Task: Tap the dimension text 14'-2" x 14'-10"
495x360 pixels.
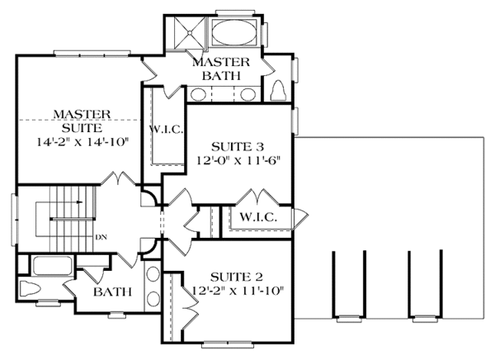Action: pos(83,142)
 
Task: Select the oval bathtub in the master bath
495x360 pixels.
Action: pos(234,32)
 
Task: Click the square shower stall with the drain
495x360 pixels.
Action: pos(190,32)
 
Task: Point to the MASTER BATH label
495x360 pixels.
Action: pos(221,69)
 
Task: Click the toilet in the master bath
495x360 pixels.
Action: pos(278,91)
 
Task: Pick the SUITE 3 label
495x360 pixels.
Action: pos(238,147)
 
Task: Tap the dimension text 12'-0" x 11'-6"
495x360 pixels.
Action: pos(238,161)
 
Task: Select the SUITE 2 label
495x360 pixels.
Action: pos(237,277)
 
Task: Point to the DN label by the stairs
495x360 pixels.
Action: pos(101,237)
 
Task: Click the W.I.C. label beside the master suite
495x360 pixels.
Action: pos(166,130)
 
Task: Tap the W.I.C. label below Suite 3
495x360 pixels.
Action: pos(258,217)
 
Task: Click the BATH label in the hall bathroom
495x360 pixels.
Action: pos(112,291)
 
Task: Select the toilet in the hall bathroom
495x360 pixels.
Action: pos(30,288)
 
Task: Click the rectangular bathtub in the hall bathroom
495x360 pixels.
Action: pos(52,266)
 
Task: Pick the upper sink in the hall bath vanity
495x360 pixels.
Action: pos(153,273)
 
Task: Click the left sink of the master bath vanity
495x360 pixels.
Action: pos(199,94)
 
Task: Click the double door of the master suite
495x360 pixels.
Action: pos(118,178)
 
